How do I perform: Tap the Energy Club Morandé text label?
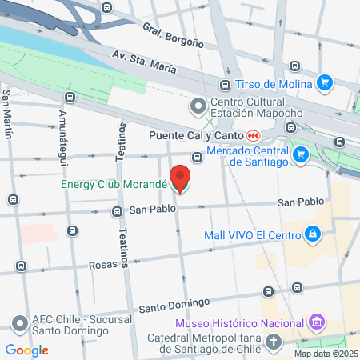click(x=114, y=184)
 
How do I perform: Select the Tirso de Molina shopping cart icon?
click(x=324, y=82)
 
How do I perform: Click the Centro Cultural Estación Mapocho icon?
click(x=197, y=106)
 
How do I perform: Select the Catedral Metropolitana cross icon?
click(x=274, y=342)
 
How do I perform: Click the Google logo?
click(x=26, y=350)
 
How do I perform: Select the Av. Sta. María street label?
click(x=144, y=62)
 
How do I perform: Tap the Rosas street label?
click(x=103, y=265)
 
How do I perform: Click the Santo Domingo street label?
click(x=174, y=305)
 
